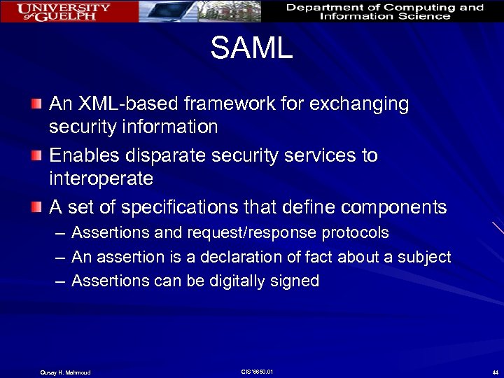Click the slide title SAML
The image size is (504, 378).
click(x=251, y=49)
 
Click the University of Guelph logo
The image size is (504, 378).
click(x=64, y=11)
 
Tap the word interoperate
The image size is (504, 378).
click(x=101, y=178)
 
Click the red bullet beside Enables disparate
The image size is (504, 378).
click(x=36, y=155)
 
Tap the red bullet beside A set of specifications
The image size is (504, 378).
click(x=36, y=207)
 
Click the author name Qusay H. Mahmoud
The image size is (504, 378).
click(x=64, y=372)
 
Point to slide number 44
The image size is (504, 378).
click(x=495, y=372)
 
